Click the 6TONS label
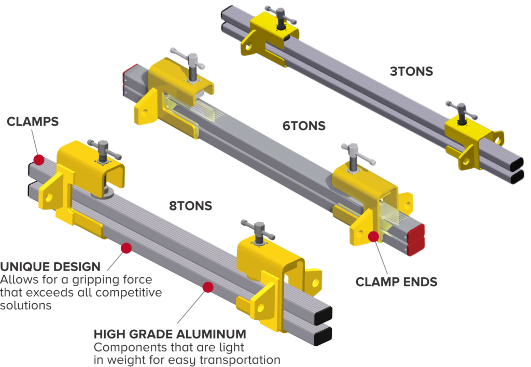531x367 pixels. [304, 125]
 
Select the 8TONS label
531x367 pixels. [190, 206]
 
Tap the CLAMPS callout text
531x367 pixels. [33, 122]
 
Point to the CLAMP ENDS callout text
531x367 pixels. [396, 283]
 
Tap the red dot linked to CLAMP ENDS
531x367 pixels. [373, 237]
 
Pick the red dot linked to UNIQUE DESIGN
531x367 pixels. [125, 248]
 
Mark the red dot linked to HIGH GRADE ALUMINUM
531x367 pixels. [208, 287]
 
